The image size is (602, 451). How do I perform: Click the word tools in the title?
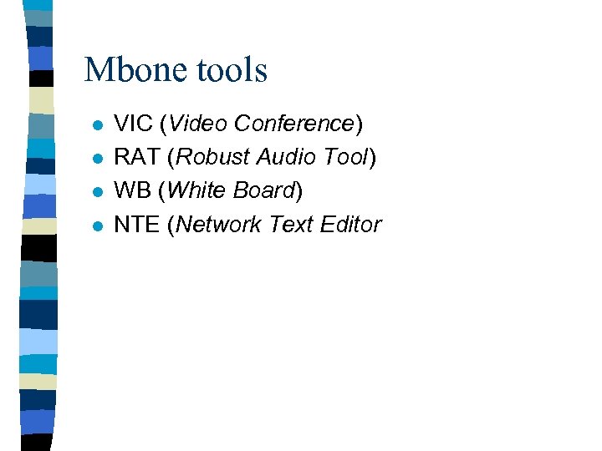point(232,70)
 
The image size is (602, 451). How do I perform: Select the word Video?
point(198,124)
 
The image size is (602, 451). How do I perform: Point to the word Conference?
point(294,124)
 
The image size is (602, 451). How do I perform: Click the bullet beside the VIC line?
point(97,126)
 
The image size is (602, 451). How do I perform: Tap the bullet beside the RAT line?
point(97,160)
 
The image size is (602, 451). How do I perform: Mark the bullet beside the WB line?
point(97,193)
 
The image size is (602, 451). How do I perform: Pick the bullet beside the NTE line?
point(97,226)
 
